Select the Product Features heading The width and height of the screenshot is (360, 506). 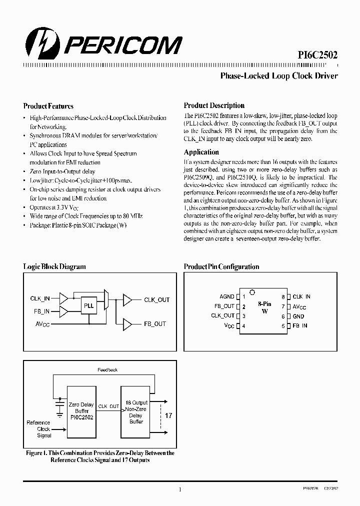click(48, 106)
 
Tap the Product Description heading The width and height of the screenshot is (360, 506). click(214, 105)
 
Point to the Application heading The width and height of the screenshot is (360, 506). click(201, 152)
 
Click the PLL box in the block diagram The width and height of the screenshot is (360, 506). click(88, 304)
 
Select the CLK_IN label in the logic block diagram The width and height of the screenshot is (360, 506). click(40, 298)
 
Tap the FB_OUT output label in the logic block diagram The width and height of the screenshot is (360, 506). click(155, 324)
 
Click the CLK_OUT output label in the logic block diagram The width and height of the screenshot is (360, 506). click(156, 300)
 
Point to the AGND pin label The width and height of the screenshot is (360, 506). click(227, 297)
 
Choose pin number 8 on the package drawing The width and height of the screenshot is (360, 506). click(282, 297)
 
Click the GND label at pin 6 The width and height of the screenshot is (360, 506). click(298, 316)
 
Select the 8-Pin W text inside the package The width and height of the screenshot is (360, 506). click(264, 307)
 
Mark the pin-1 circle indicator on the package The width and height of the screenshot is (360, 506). click(252, 292)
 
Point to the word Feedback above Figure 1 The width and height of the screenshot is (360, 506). click(107, 370)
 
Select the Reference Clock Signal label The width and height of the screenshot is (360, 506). click(39, 429)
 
